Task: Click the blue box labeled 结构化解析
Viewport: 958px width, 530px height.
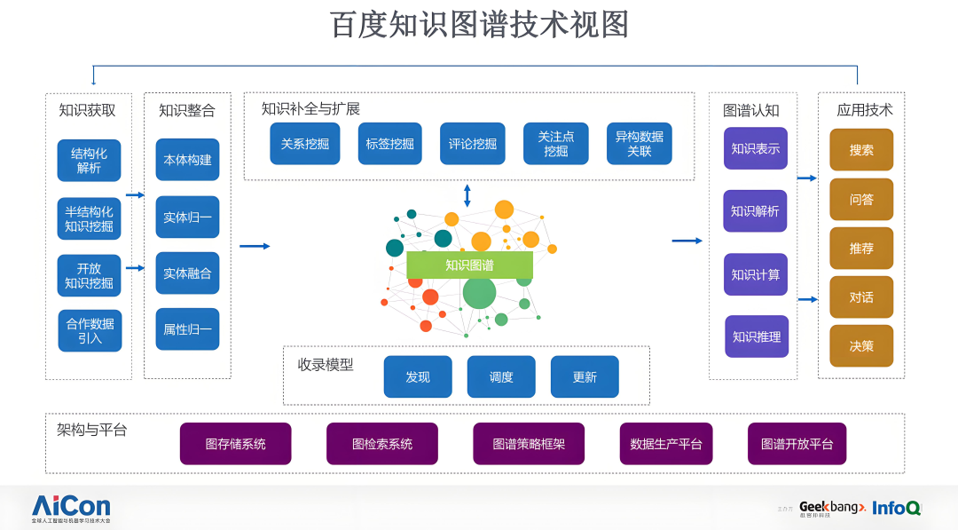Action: pyautogui.click(x=89, y=161)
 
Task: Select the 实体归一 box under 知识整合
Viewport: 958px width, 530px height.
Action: pyautogui.click(x=187, y=218)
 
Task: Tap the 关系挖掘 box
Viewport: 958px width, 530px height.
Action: pyautogui.click(x=305, y=144)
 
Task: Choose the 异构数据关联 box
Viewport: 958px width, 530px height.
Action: pyautogui.click(x=639, y=144)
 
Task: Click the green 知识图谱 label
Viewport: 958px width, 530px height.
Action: pyautogui.click(x=469, y=265)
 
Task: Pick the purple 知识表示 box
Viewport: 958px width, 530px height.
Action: pyautogui.click(x=755, y=149)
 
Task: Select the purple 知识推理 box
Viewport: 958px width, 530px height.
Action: pyautogui.click(x=756, y=336)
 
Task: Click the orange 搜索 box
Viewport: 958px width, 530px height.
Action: pyautogui.click(x=860, y=150)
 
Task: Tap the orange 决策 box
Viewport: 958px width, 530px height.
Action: pyautogui.click(x=860, y=346)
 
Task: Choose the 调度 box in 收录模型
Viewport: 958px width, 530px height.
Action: pyautogui.click(x=501, y=377)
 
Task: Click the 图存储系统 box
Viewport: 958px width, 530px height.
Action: pyautogui.click(x=235, y=444)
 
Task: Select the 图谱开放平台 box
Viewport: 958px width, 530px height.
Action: pyautogui.click(x=797, y=444)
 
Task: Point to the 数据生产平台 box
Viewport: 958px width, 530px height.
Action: pyautogui.click(x=665, y=444)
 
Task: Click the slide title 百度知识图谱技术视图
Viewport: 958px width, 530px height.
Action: pyautogui.click(x=479, y=25)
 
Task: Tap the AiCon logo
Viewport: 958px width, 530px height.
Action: pyautogui.click(x=71, y=506)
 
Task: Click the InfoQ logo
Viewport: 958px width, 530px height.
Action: pyautogui.click(x=896, y=508)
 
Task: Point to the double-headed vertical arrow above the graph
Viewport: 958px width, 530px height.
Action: pyautogui.click(x=467, y=195)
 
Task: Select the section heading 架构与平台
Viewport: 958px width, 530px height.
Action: pyautogui.click(x=92, y=431)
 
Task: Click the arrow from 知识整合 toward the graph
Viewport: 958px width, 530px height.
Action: pyautogui.click(x=255, y=246)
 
